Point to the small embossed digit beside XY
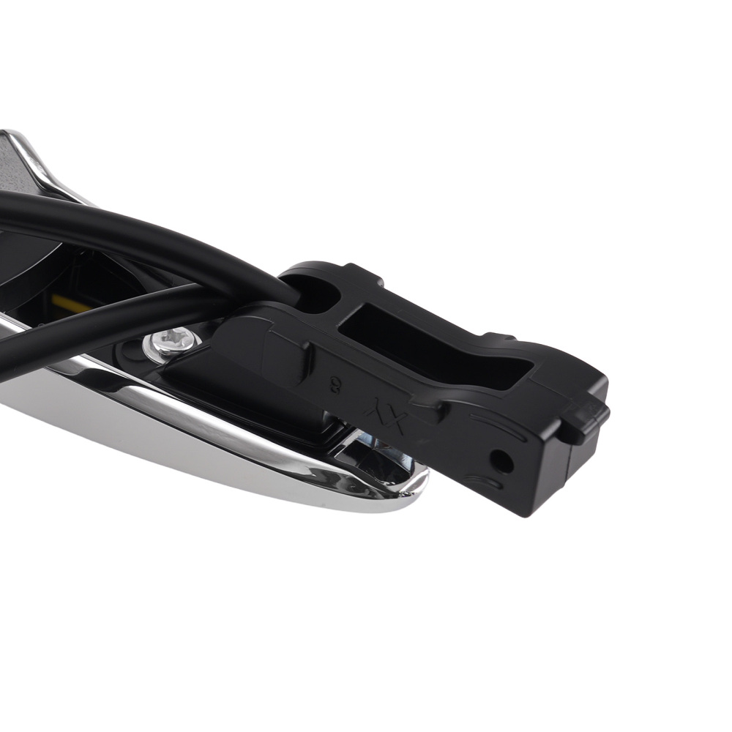335,384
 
